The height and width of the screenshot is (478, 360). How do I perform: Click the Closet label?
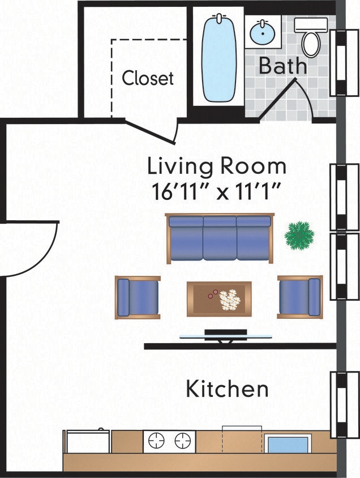(x=148, y=78)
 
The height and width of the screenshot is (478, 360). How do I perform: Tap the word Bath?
(x=282, y=66)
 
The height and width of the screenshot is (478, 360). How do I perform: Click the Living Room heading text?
(x=216, y=167)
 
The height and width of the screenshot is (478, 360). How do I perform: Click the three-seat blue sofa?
(x=220, y=238)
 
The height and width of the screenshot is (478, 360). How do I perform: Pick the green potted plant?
(x=298, y=235)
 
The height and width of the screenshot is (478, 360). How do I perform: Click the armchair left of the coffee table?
(x=138, y=297)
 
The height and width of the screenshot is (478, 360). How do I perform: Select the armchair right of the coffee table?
(x=299, y=297)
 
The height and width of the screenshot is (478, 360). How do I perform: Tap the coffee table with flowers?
(x=219, y=298)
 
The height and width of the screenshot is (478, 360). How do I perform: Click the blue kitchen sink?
(x=288, y=443)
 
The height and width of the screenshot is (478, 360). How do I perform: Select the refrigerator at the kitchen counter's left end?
(x=86, y=441)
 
